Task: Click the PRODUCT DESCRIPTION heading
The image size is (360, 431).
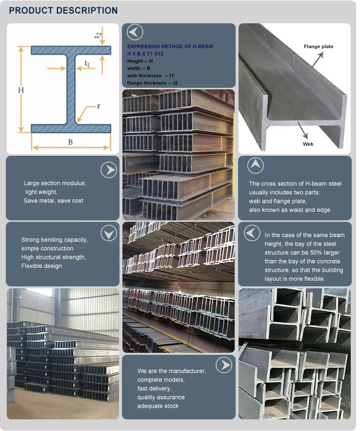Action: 63,10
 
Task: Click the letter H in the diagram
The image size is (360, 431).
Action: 21,90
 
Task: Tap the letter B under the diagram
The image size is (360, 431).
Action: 70,142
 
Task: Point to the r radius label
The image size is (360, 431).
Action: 98,106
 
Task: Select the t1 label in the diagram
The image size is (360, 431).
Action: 87,63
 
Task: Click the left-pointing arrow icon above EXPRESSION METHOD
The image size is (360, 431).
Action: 135,33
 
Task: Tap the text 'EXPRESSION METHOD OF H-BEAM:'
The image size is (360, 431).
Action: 171,47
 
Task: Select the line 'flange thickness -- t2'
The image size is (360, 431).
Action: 152,83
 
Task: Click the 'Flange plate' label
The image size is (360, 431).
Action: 319,47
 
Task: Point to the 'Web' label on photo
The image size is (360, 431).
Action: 308,144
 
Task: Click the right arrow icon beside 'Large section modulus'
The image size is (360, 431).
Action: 109,170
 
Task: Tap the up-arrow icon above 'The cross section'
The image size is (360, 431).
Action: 256,166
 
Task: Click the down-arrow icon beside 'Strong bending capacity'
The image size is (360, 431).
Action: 109,233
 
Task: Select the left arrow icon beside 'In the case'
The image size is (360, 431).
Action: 252,233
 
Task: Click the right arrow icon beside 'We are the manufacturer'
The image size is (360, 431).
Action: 223,365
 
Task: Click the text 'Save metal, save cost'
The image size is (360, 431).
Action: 53,201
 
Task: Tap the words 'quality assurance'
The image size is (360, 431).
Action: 161,397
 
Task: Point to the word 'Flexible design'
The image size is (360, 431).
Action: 42,266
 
